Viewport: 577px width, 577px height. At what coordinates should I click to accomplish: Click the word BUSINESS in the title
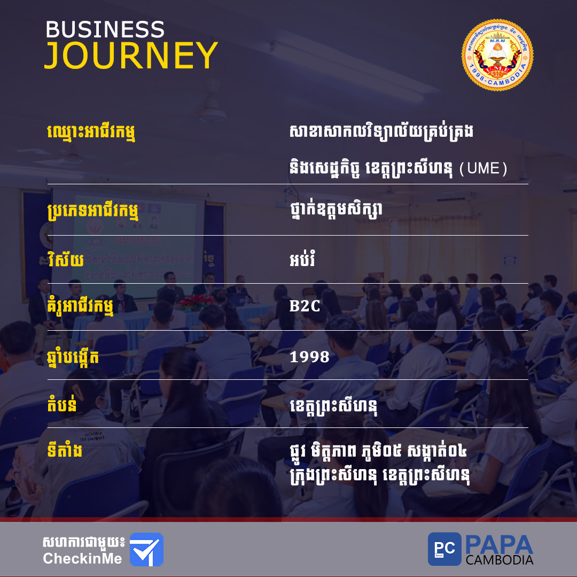click(105, 29)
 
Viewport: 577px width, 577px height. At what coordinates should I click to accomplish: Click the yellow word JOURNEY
click(131, 55)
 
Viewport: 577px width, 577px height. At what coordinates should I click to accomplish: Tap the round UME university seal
click(497, 55)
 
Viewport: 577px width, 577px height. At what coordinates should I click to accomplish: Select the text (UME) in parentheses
click(483, 168)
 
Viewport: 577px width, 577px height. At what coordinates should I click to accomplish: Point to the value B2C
click(305, 306)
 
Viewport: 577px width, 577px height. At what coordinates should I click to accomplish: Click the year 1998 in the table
click(309, 357)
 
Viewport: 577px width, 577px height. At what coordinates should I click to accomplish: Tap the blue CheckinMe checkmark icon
click(146, 549)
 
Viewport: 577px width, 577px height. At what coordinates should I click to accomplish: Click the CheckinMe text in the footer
click(82, 559)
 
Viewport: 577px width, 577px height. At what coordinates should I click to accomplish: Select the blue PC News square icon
click(444, 549)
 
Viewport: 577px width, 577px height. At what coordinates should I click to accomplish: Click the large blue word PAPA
click(500, 545)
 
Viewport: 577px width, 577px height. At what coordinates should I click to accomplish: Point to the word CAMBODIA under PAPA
click(500, 560)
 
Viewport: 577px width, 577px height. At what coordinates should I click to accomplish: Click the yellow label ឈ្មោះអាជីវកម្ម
click(91, 133)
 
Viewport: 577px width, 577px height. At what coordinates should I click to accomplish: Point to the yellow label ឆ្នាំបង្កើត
click(73, 357)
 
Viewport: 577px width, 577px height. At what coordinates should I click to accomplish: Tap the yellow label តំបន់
click(62, 404)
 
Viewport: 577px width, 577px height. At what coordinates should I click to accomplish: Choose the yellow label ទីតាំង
click(65, 450)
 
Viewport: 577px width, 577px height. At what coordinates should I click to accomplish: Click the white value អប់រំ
click(302, 259)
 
